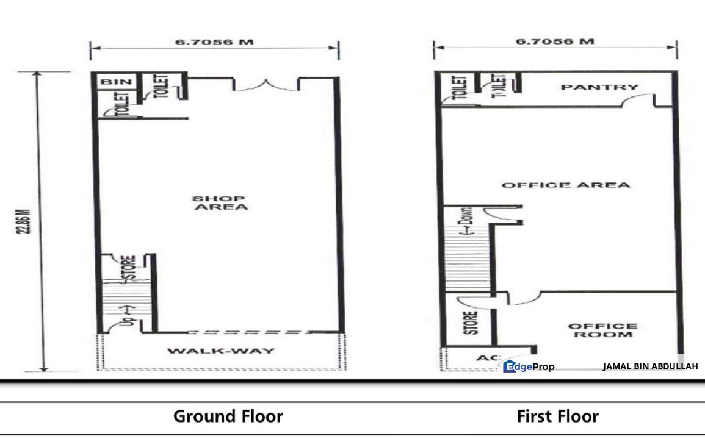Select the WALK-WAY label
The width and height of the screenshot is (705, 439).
point(221,351)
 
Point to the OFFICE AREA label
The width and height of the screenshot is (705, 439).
point(565,185)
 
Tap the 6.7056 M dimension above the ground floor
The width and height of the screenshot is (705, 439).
point(214,43)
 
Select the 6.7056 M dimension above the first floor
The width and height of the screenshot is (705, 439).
point(554,42)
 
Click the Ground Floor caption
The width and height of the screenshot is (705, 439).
point(228,416)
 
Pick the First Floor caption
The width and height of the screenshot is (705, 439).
point(557,416)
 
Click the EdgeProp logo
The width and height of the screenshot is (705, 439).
point(529,366)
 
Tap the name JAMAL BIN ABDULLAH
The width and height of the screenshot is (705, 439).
point(649,366)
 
